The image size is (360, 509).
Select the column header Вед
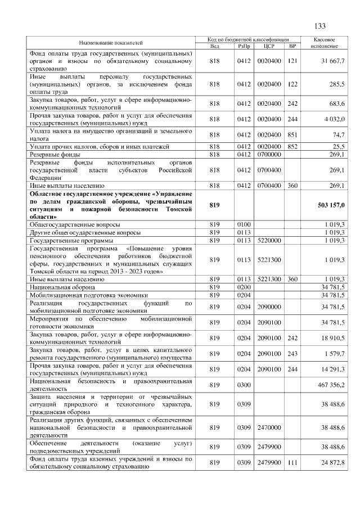214,46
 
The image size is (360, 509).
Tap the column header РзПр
243,46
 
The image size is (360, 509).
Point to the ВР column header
292,46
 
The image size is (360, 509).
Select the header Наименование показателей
110,43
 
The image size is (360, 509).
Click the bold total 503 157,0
330,205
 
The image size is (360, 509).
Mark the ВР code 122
292,84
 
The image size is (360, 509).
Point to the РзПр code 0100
243,224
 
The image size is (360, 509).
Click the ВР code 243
292,354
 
